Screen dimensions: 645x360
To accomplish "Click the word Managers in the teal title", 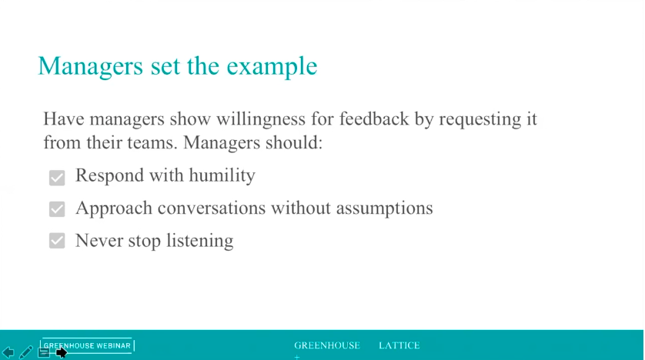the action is click(91, 67).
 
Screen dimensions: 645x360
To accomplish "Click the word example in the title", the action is click(272, 67).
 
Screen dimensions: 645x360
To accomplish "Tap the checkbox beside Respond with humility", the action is click(57, 178).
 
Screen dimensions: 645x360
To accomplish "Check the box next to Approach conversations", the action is click(57, 208).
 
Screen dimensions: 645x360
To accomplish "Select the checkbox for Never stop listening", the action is click(57, 241).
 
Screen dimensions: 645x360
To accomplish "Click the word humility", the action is click(222, 176).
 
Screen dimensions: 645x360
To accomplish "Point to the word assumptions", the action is click(385, 208).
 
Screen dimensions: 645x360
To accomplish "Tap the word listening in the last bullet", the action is click(200, 241).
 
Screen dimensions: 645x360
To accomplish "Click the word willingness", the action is click(261, 119).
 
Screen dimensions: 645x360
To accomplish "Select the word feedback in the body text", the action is click(374, 118).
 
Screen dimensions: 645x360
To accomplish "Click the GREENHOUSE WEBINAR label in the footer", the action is click(87, 345).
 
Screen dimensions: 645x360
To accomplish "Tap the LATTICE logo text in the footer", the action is click(399, 345).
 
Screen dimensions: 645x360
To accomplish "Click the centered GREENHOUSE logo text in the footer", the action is click(327, 345).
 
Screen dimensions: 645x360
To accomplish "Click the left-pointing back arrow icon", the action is click(8, 352).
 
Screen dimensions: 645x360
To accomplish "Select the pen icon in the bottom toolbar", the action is click(26, 352).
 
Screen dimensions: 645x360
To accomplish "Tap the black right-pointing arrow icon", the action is click(62, 352).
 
